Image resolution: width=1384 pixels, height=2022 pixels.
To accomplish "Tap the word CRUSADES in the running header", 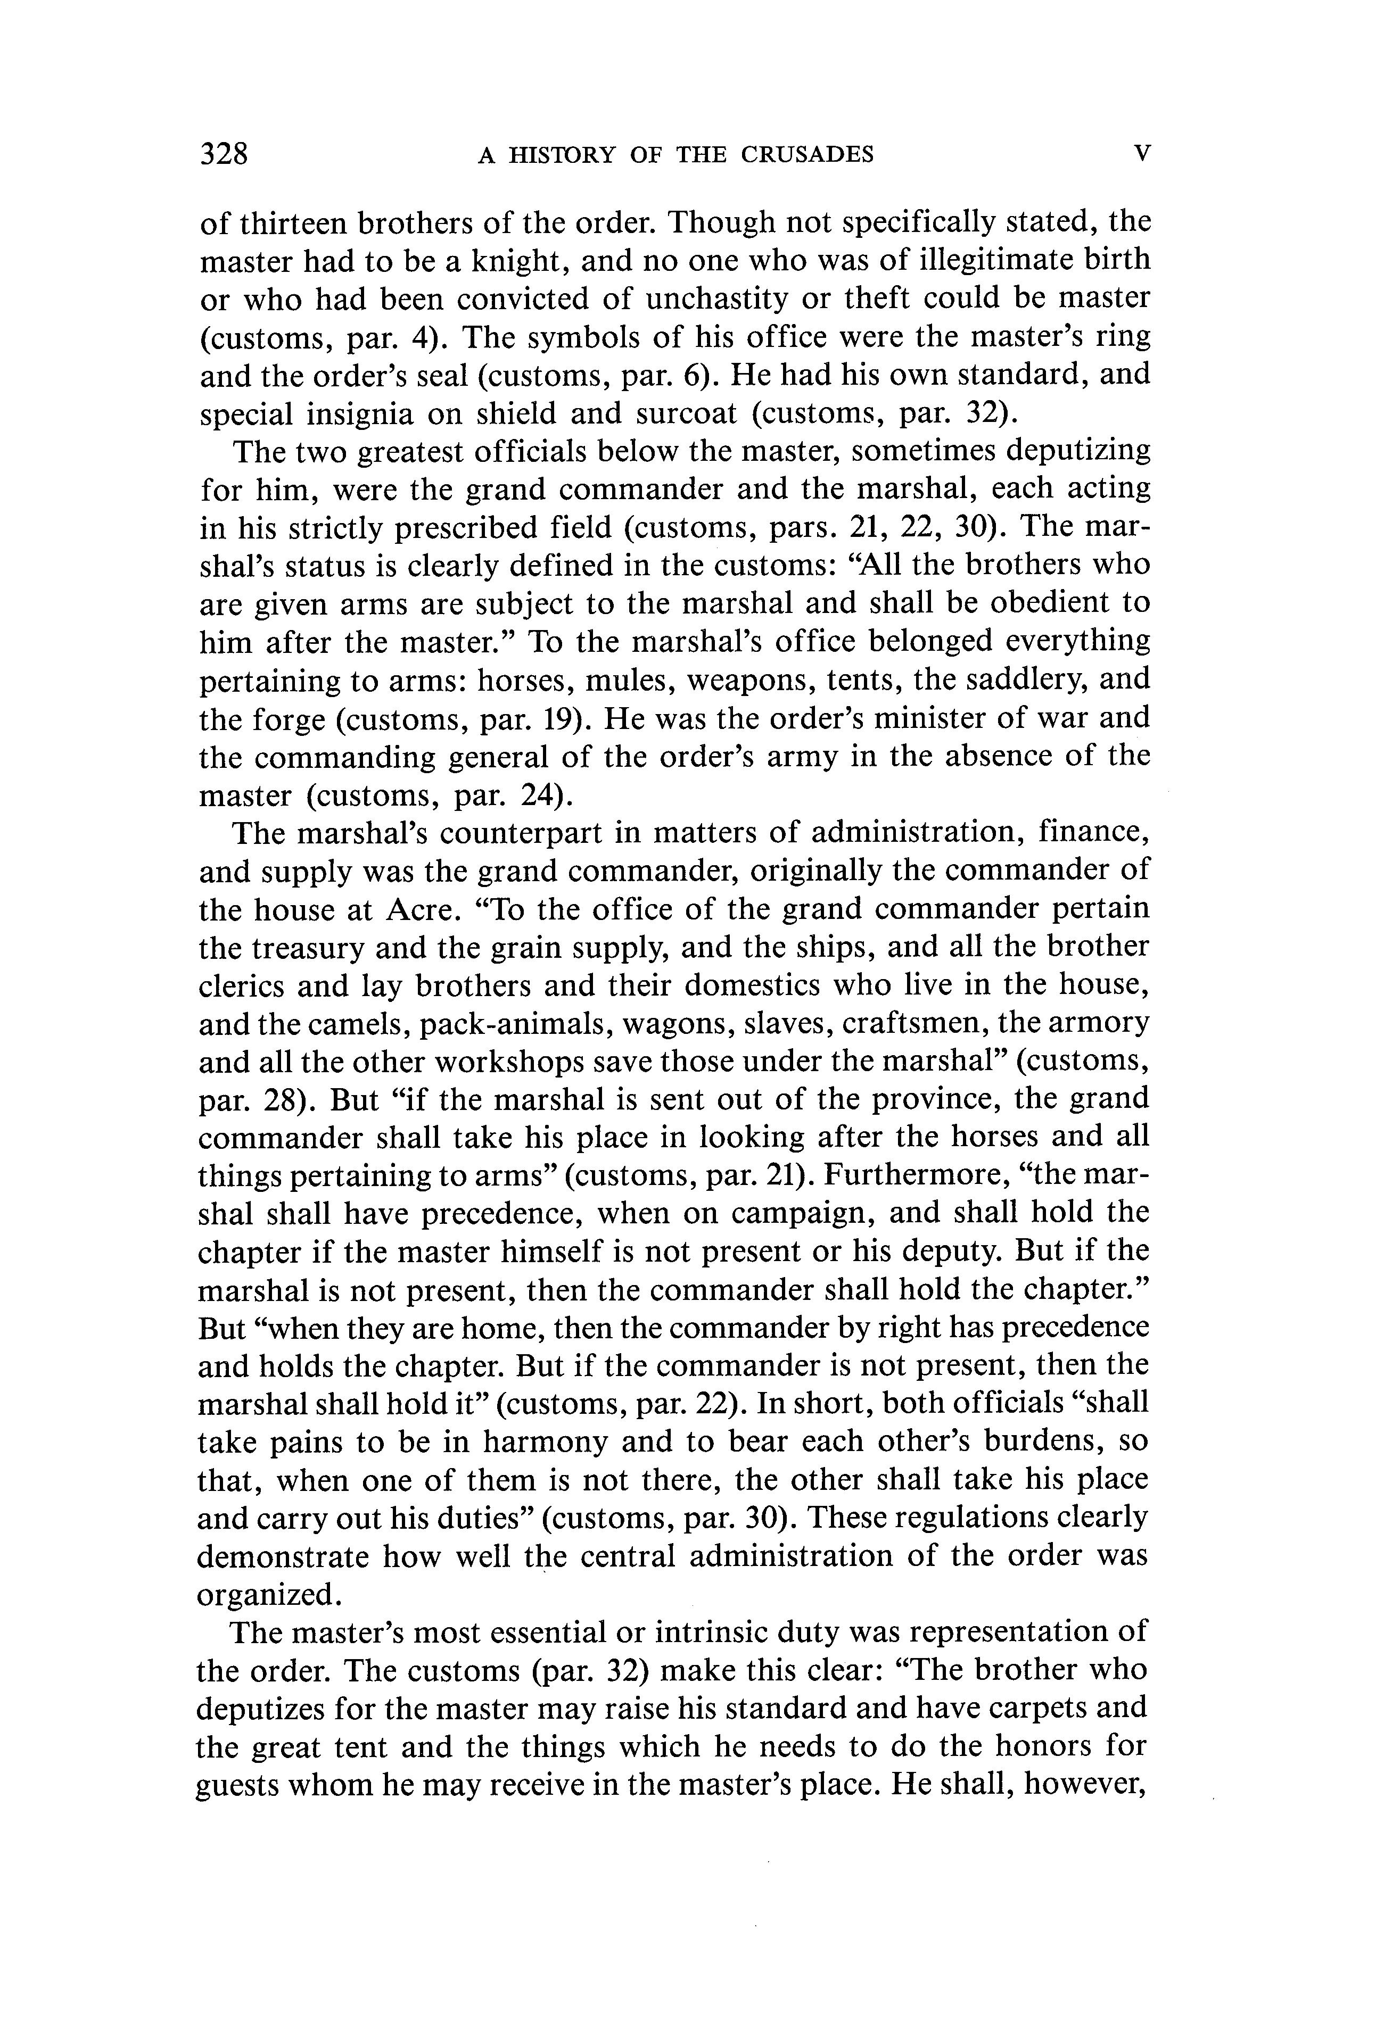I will [x=807, y=155].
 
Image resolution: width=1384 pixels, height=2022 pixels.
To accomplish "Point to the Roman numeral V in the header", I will [x=1142, y=154].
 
